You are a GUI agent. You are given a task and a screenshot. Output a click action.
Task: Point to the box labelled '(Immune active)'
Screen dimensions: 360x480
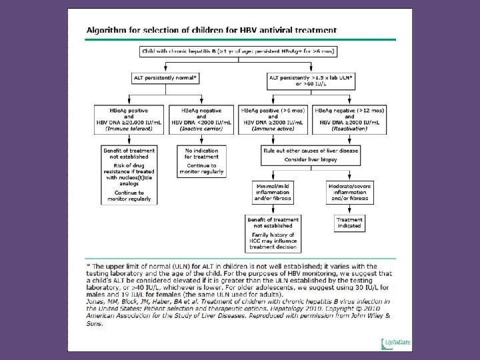coord(274,119)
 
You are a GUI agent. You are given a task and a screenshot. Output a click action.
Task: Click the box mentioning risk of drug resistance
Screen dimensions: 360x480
coord(130,175)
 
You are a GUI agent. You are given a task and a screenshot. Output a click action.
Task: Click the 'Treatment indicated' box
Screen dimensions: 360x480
coord(349,222)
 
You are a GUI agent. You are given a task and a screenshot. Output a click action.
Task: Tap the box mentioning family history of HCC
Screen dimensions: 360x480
coord(273,233)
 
